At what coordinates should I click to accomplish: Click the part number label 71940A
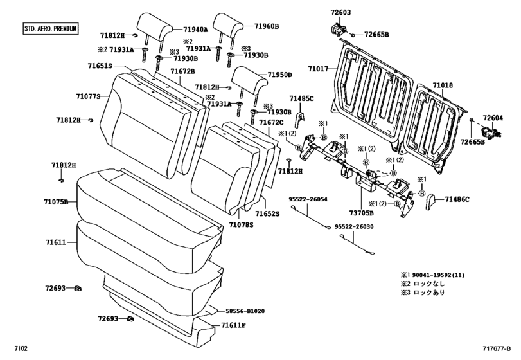[x=195, y=30]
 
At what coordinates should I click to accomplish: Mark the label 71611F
[x=234, y=325]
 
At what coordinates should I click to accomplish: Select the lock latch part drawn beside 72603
[x=337, y=30]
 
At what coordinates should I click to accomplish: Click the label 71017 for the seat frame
[x=317, y=68]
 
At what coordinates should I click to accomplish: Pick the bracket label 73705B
[x=362, y=212]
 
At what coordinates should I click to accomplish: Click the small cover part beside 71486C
[x=431, y=202]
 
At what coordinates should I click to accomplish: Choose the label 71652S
[x=268, y=213]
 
